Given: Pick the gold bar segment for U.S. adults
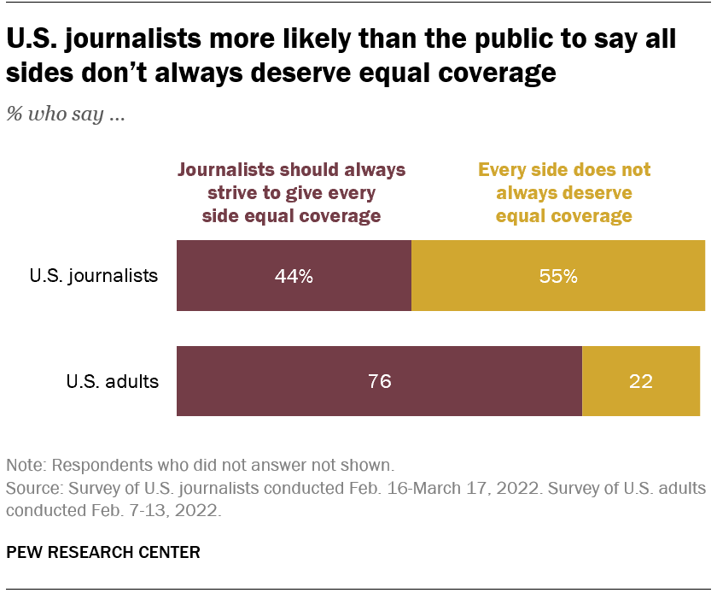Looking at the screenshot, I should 641,381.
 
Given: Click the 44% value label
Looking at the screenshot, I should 294,277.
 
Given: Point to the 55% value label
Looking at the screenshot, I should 558,277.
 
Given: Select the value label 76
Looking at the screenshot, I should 379,382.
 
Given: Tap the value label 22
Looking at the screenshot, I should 641,382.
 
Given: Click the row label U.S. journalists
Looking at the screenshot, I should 94,276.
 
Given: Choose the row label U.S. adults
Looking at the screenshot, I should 113,381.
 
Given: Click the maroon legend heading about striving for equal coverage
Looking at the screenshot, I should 291,192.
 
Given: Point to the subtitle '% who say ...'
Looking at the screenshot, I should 66,115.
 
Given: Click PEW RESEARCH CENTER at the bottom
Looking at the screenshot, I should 103,552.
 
